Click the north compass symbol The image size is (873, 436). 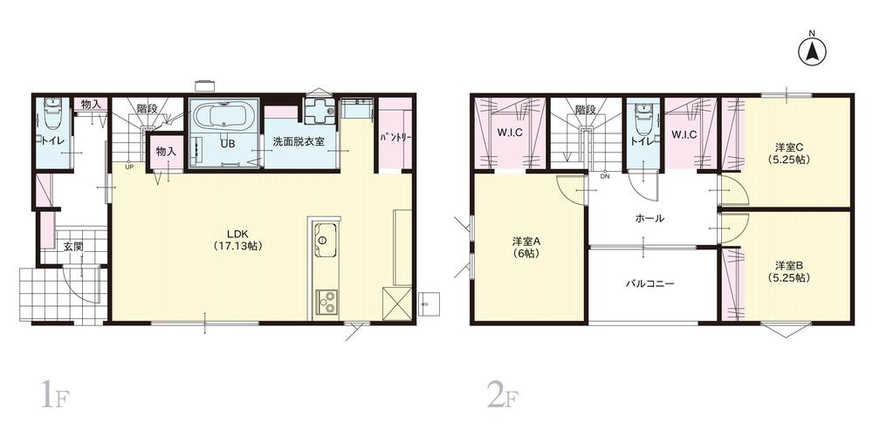point(811,51)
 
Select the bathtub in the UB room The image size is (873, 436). point(223,116)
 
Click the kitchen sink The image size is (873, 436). point(323,236)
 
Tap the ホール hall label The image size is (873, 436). point(647,218)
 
